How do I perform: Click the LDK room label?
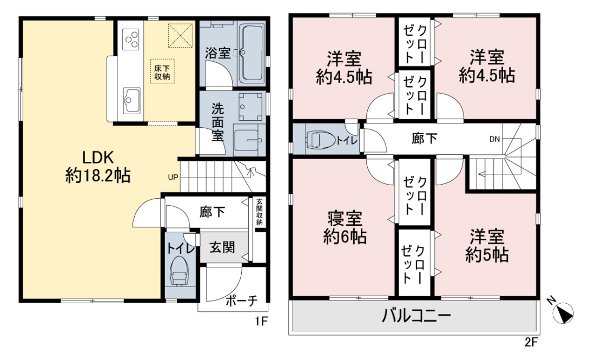click(x=98, y=166)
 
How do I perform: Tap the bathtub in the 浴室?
click(x=252, y=53)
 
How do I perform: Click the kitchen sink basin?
click(x=131, y=100)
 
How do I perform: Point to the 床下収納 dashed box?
click(x=162, y=71)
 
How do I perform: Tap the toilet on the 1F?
click(x=180, y=271)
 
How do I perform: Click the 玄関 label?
click(x=222, y=247)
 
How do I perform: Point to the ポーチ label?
click(x=242, y=301)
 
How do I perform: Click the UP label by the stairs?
click(x=173, y=177)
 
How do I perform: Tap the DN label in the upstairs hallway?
click(x=494, y=139)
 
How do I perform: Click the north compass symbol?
click(x=563, y=312)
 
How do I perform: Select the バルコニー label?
click(x=416, y=315)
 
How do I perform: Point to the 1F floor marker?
click(x=261, y=322)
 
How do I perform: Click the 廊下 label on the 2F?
click(x=424, y=139)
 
